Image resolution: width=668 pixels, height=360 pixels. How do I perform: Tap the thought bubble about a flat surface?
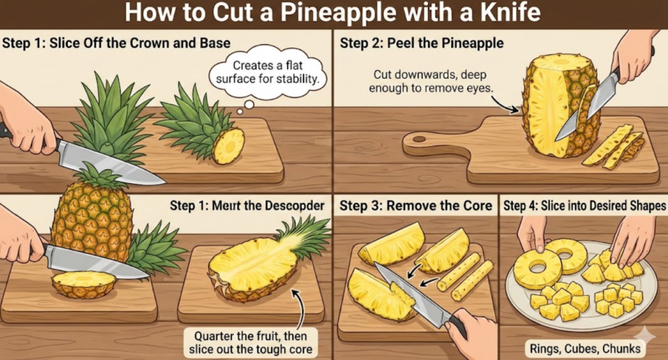tap(268, 72)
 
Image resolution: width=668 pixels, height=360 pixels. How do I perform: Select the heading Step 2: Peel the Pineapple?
tap(421, 43)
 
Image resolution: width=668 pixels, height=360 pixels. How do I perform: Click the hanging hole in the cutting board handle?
tap(419, 140)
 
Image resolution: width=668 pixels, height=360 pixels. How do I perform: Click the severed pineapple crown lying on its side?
tap(200, 126)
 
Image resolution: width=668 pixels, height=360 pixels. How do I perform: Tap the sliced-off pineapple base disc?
tap(83, 284)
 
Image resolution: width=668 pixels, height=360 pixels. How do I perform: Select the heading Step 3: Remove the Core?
tap(416, 206)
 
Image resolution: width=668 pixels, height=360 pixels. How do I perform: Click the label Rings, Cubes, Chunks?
tap(585, 348)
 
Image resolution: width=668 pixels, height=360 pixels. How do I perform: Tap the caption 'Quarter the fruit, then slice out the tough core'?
tap(250, 342)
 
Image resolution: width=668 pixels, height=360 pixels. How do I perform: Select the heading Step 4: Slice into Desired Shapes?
tap(584, 206)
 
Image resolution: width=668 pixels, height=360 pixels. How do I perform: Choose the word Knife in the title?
tap(510, 13)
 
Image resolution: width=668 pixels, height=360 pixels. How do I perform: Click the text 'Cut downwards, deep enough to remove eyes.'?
tap(431, 82)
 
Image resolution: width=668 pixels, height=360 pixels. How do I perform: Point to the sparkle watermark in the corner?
tap(646, 336)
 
